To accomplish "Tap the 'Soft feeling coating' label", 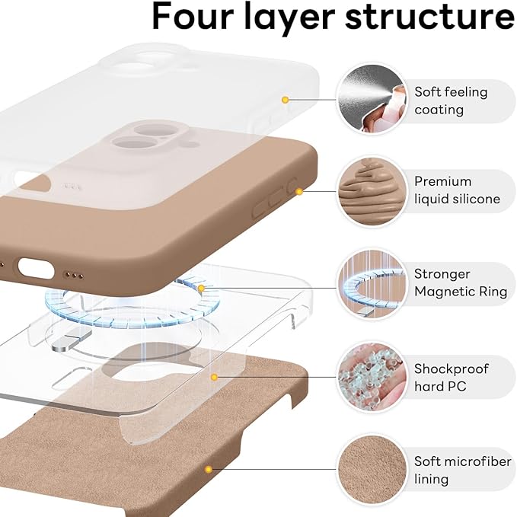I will (450, 101).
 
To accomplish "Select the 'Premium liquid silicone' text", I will (457, 190).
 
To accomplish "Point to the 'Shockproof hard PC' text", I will (451, 378).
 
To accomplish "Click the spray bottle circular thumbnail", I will (372, 99).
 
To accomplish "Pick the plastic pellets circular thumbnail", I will (372, 377).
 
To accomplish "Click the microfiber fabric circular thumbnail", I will (372, 470).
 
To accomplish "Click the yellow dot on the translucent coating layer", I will (286, 100).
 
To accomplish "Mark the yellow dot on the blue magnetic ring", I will (202, 289).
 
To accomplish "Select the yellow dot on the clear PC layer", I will (215, 377).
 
